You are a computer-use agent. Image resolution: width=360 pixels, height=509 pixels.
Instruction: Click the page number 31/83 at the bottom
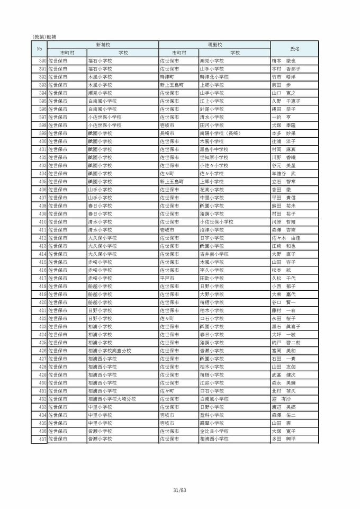180,490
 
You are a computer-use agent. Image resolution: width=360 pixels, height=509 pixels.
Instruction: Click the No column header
39,49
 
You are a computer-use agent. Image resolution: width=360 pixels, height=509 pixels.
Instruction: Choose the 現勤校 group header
214,45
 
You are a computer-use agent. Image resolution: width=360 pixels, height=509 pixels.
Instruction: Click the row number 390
42,61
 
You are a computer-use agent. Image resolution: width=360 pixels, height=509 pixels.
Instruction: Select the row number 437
42,439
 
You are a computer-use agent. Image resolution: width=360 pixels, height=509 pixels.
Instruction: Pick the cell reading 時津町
169,77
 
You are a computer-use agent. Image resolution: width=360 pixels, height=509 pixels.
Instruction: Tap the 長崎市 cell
169,133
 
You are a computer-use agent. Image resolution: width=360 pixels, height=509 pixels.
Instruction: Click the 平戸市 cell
169,278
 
